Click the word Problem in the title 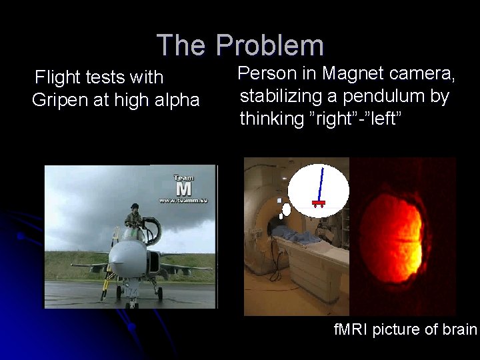pyautogui.click(x=269, y=46)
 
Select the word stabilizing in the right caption pyautogui.click(x=281, y=96)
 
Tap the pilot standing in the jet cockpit pyautogui.click(x=133, y=220)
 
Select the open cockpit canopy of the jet pyautogui.click(x=152, y=231)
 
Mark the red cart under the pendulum pyautogui.click(x=318, y=202)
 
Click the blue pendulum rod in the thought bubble pyautogui.click(x=321, y=183)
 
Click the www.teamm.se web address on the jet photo pyautogui.click(x=183, y=200)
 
